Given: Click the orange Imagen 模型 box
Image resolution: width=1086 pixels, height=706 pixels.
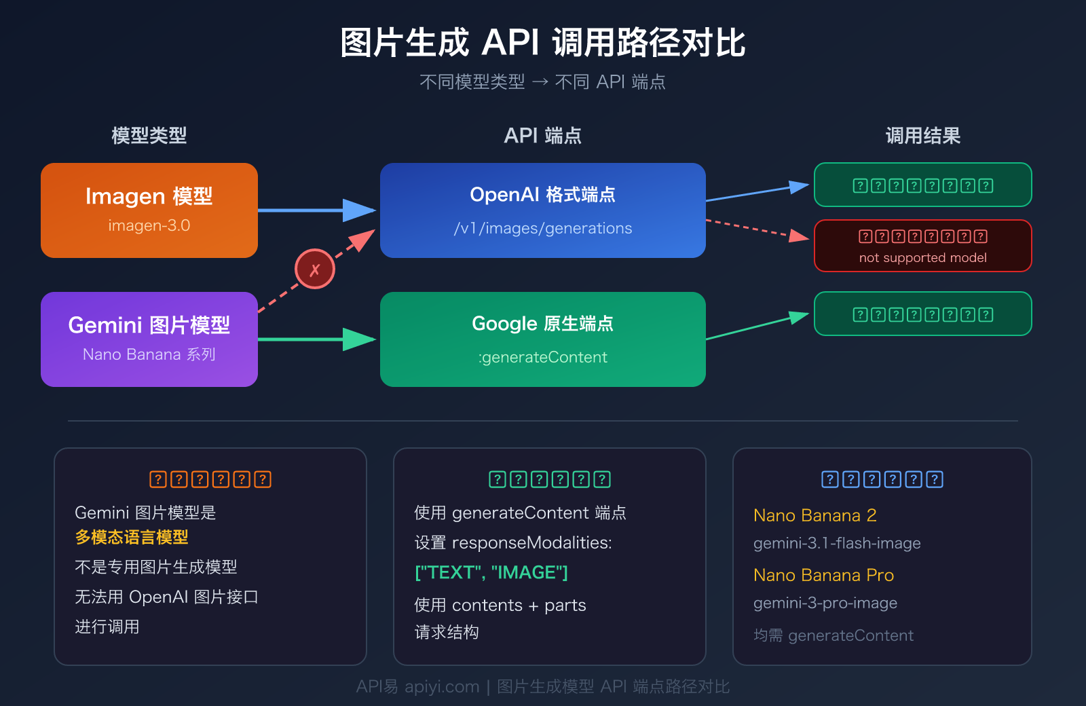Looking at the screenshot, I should [149, 210].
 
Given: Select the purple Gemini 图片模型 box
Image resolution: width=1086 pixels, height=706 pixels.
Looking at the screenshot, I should [149, 339].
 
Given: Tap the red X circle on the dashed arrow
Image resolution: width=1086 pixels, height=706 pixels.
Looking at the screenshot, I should [314, 269].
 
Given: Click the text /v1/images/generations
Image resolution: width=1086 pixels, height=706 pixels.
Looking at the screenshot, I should [542, 228].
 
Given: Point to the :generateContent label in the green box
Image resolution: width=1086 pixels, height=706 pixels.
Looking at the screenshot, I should [542, 357].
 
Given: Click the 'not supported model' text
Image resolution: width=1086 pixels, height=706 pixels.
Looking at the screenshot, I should [922, 258].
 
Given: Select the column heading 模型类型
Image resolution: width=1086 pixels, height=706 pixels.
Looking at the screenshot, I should [149, 136].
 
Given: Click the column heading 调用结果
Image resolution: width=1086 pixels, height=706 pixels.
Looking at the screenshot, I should [922, 136].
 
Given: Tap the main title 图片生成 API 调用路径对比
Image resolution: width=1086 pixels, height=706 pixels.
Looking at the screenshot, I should [542, 43].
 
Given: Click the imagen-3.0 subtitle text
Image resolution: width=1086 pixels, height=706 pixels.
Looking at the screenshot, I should [149, 225].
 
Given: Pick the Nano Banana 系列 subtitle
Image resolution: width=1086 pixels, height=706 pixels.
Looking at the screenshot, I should [149, 354].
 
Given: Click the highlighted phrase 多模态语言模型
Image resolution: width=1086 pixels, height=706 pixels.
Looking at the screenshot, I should [132, 537].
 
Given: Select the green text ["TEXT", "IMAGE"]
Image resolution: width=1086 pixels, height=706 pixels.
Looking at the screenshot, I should [491, 572].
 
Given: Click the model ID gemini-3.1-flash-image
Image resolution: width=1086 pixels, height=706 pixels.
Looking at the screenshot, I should [836, 543].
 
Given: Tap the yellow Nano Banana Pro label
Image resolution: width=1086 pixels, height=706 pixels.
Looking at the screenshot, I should [823, 575].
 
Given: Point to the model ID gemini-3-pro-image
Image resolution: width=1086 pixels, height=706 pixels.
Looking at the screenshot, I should [825, 603].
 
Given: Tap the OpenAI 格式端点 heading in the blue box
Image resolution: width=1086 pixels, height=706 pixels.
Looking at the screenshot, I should [542, 195].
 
